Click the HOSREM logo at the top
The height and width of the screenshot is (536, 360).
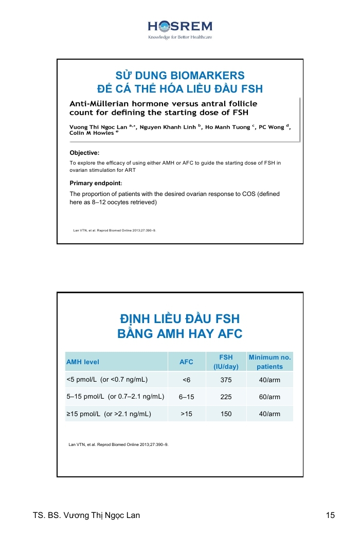180,29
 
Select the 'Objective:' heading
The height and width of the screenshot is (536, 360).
84,153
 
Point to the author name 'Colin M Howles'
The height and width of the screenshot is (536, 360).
92,133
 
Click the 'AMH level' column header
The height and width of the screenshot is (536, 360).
83,362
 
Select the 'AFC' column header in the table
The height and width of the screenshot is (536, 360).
186,362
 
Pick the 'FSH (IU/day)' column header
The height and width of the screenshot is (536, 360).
226,362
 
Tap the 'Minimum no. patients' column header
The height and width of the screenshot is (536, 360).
269,362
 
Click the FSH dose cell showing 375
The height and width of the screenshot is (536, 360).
226,380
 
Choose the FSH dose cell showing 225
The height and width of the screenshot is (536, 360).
226,397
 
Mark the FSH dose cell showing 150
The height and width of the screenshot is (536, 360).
226,414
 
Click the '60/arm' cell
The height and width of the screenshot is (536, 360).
269,397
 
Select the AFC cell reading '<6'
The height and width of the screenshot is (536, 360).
186,380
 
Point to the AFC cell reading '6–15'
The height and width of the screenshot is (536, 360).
186,397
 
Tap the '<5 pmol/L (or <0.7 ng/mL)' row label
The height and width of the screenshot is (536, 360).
107,380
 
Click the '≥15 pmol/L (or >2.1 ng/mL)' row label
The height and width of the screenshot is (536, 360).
109,414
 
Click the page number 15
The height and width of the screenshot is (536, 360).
330,515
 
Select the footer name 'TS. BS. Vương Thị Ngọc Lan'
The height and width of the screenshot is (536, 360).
86,515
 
